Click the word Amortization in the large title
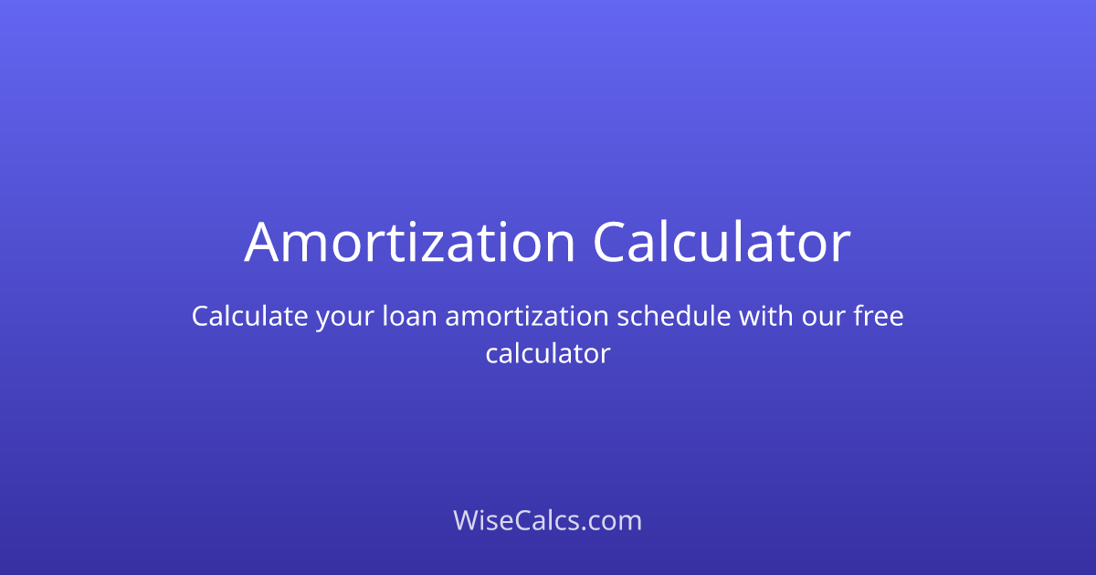coord(409,243)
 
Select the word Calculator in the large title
coord(722,243)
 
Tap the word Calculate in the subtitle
coord(248,317)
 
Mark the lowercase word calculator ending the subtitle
coord(547,353)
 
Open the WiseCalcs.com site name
coord(547,521)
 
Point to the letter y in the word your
coord(323,321)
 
